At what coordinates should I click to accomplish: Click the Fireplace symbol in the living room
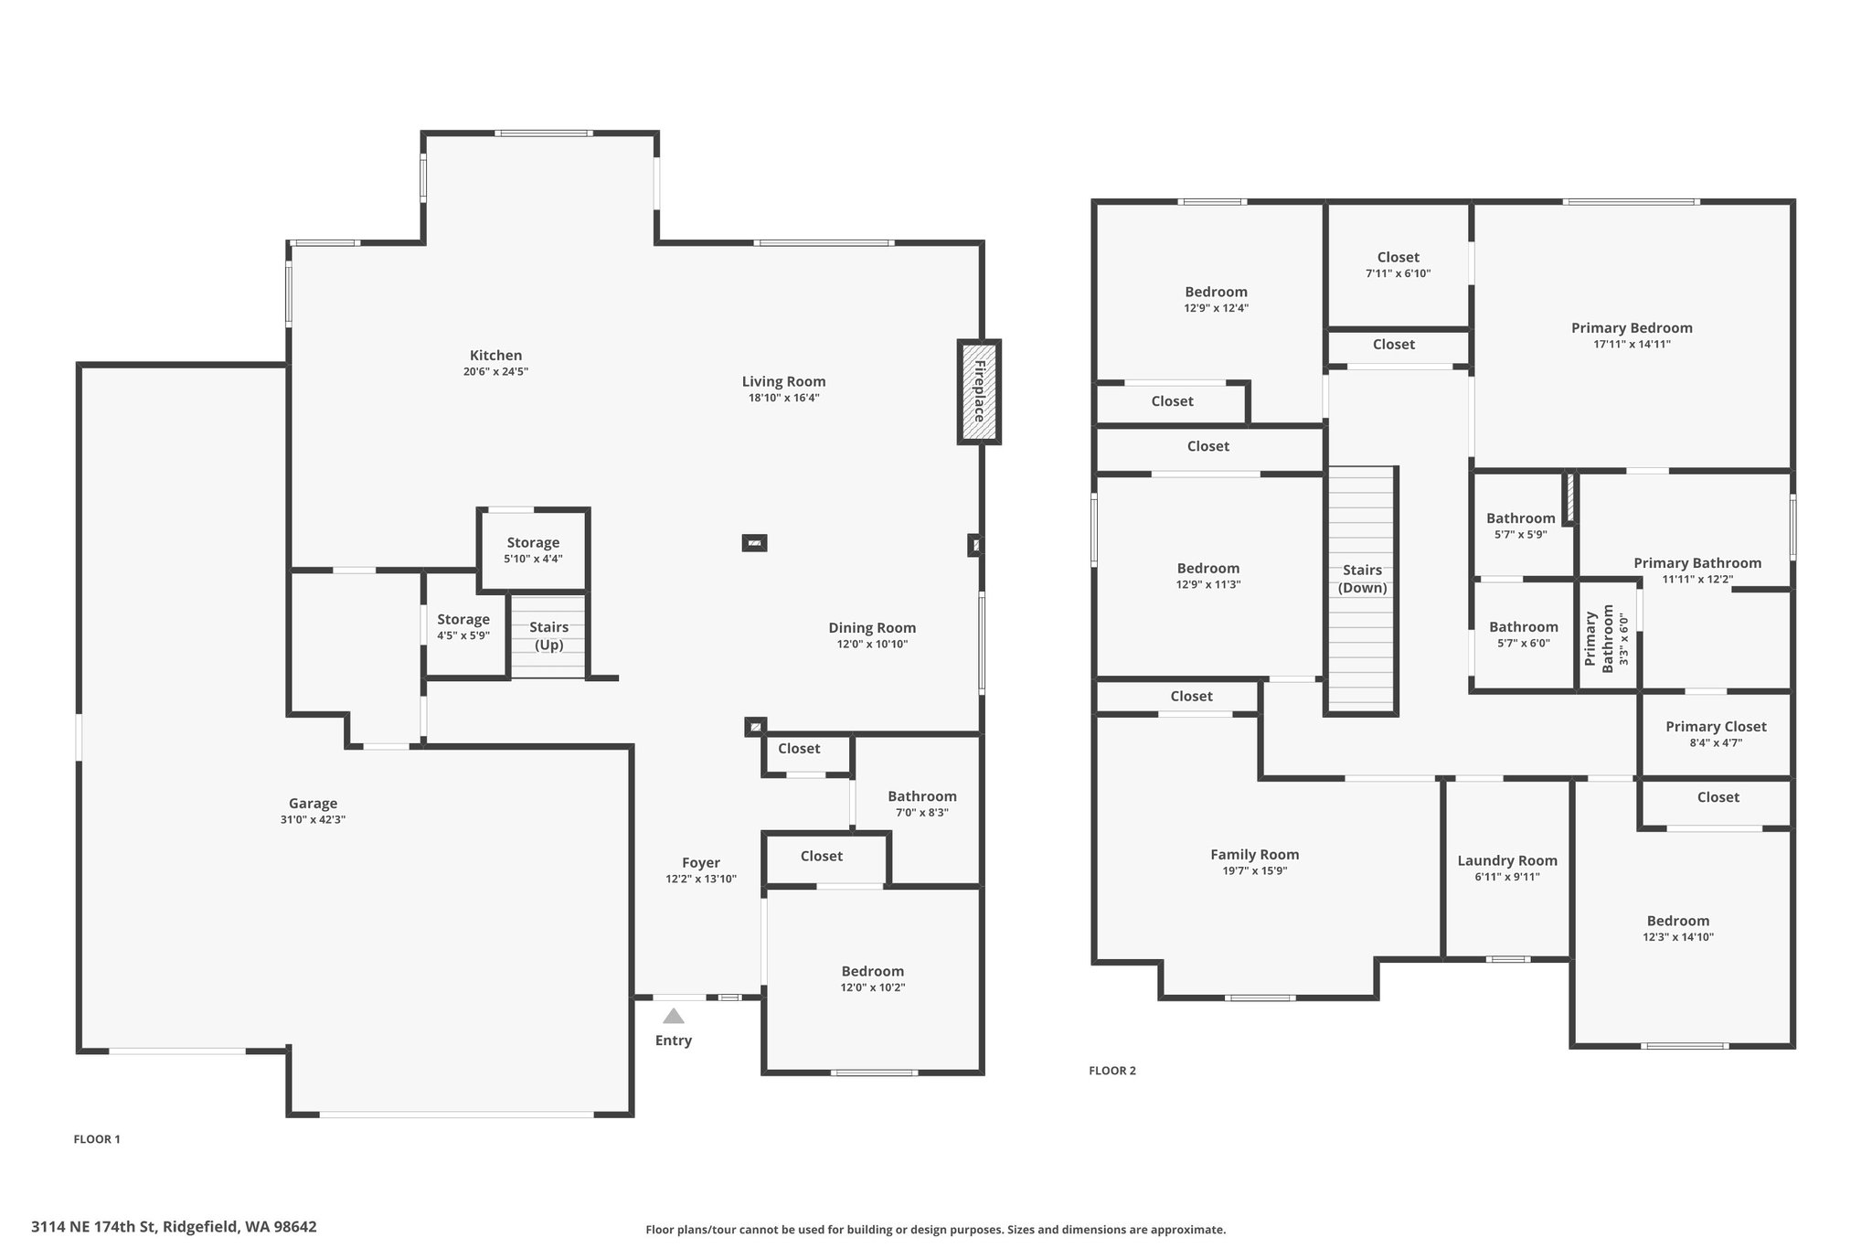click(978, 392)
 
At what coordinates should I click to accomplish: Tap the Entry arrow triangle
click(674, 1016)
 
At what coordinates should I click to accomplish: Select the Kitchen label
click(495, 356)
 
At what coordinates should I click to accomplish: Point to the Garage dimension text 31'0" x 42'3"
click(313, 820)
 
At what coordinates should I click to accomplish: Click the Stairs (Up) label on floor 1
click(548, 635)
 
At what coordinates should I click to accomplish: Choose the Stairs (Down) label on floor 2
click(1362, 579)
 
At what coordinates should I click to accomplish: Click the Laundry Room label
click(1507, 860)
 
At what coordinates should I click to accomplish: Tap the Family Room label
click(1254, 855)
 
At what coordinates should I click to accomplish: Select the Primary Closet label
click(1716, 727)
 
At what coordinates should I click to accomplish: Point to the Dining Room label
click(872, 628)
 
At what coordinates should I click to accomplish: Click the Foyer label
click(701, 863)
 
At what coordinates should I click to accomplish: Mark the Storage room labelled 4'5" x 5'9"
click(463, 627)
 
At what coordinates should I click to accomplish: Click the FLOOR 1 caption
click(97, 1139)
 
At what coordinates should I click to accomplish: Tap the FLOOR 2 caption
click(1112, 1071)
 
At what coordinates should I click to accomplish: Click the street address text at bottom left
click(174, 1227)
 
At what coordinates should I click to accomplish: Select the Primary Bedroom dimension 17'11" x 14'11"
click(1632, 345)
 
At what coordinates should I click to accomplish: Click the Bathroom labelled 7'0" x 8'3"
click(922, 804)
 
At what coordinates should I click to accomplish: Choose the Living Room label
click(783, 382)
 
